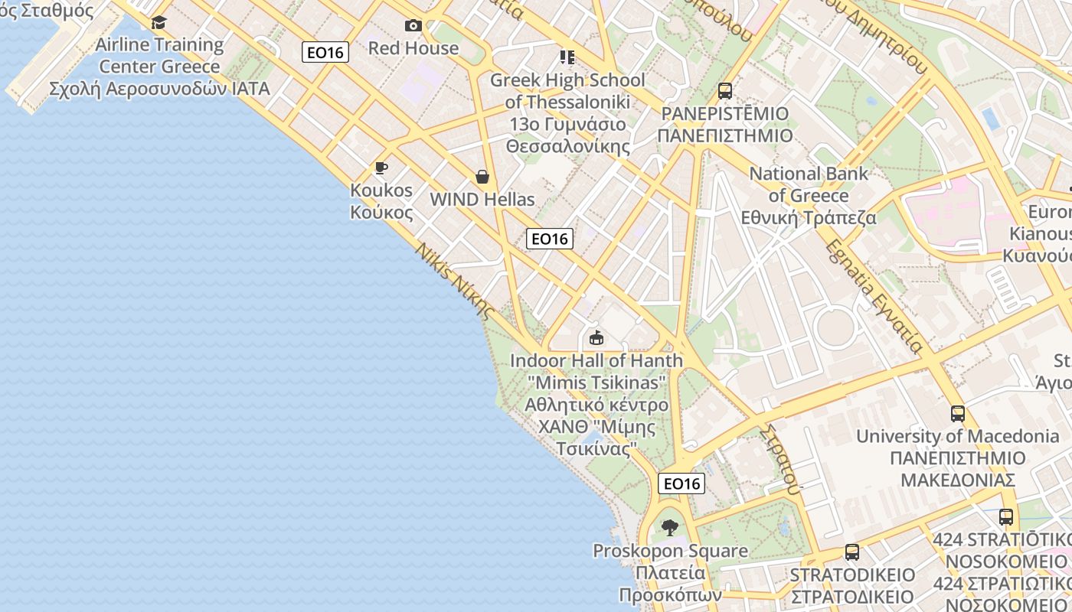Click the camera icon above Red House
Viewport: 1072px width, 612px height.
click(x=413, y=26)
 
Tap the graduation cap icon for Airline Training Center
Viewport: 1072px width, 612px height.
click(x=159, y=22)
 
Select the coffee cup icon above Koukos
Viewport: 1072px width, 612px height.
click(x=381, y=168)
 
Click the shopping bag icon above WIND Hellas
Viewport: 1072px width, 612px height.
click(x=482, y=177)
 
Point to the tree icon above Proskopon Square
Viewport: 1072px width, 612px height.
click(x=670, y=527)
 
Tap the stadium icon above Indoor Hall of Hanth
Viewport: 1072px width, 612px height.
click(x=596, y=337)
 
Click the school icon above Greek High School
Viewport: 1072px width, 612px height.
click(x=567, y=57)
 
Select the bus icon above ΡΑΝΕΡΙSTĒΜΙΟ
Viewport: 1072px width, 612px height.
click(x=724, y=91)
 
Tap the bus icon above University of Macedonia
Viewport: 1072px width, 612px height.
click(x=957, y=414)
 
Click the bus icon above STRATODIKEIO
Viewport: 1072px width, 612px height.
click(x=851, y=552)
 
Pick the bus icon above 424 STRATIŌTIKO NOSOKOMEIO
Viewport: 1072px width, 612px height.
click(x=1006, y=517)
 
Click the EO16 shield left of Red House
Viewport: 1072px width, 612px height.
click(x=325, y=52)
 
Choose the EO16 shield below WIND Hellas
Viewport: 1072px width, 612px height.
click(x=550, y=239)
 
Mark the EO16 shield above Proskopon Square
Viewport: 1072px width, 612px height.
click(x=681, y=483)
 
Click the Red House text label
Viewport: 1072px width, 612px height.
click(x=413, y=48)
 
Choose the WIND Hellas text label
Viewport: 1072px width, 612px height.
click(x=482, y=200)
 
